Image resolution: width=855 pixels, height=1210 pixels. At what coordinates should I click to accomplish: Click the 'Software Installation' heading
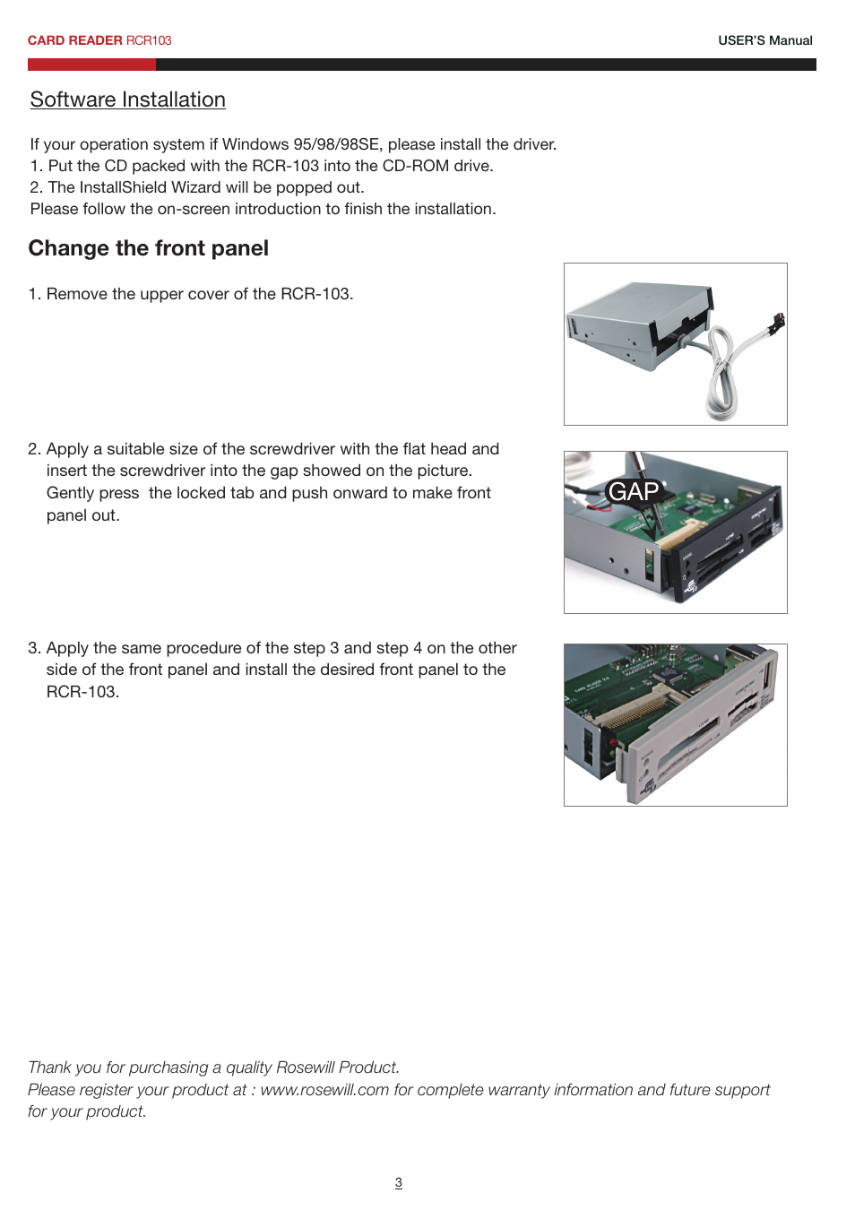[127, 99]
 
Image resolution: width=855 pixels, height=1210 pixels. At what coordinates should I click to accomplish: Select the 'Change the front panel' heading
[148, 248]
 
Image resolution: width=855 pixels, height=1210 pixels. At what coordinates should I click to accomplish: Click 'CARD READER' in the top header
[74, 40]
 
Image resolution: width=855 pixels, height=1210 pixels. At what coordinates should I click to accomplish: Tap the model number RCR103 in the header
[149, 40]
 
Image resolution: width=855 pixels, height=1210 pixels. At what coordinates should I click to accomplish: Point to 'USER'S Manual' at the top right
[764, 40]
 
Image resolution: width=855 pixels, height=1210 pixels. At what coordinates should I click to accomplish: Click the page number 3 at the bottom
[399, 1182]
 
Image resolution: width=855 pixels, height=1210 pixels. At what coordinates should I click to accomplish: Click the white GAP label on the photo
[634, 491]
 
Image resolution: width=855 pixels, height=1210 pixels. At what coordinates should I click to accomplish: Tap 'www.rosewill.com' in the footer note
[324, 1089]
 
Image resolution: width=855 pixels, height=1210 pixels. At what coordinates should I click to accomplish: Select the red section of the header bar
[91, 65]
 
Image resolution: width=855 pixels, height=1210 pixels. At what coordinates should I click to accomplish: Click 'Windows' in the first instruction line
[255, 144]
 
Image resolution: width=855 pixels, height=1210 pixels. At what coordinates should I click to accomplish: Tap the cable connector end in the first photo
[777, 323]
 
